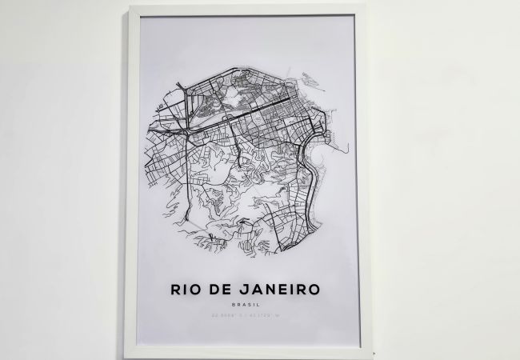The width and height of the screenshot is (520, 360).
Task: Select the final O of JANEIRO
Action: pyautogui.click(x=313, y=289)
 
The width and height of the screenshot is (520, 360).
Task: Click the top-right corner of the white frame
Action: pyautogui.click(x=365, y=7)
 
